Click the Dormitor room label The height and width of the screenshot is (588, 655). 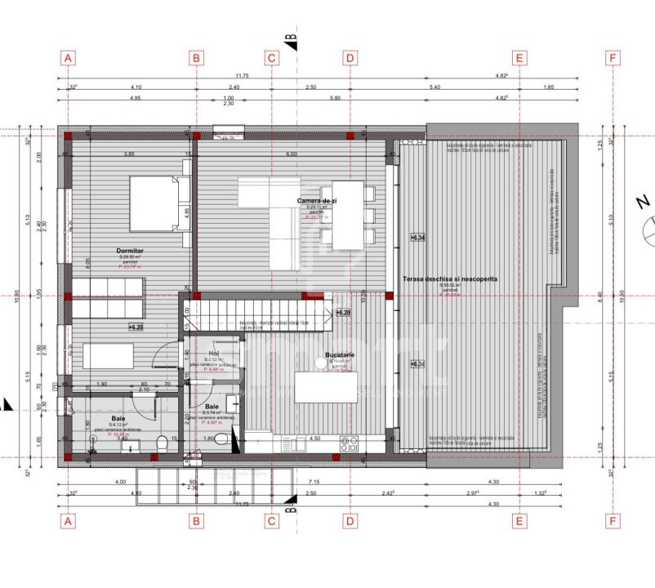click(130, 251)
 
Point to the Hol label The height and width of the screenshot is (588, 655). click(214, 353)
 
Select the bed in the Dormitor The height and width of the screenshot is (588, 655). click(158, 203)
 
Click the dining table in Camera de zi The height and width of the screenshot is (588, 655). click(347, 215)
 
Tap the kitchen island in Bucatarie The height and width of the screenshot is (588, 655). click(324, 387)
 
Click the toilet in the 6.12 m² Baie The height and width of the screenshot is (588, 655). click(163, 443)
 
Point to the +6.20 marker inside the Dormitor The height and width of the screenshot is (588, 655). click(136, 327)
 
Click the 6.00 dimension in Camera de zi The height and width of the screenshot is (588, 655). click(291, 154)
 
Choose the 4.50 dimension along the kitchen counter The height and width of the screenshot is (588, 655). click(314, 439)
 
